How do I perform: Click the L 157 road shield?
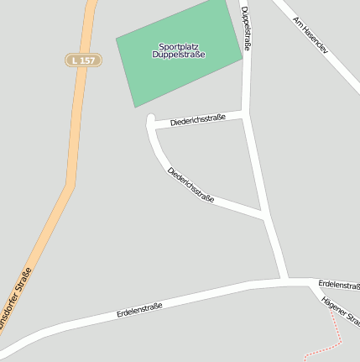(x=83, y=60)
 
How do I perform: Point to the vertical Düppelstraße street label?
(x=246, y=30)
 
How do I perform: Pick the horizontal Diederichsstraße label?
(x=198, y=121)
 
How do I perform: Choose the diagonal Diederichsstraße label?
(x=190, y=185)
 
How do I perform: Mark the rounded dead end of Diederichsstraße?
(x=151, y=121)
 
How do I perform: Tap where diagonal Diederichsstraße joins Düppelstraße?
(x=265, y=217)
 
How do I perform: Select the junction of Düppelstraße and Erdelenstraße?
(x=287, y=281)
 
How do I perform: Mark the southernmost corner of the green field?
(x=136, y=107)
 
